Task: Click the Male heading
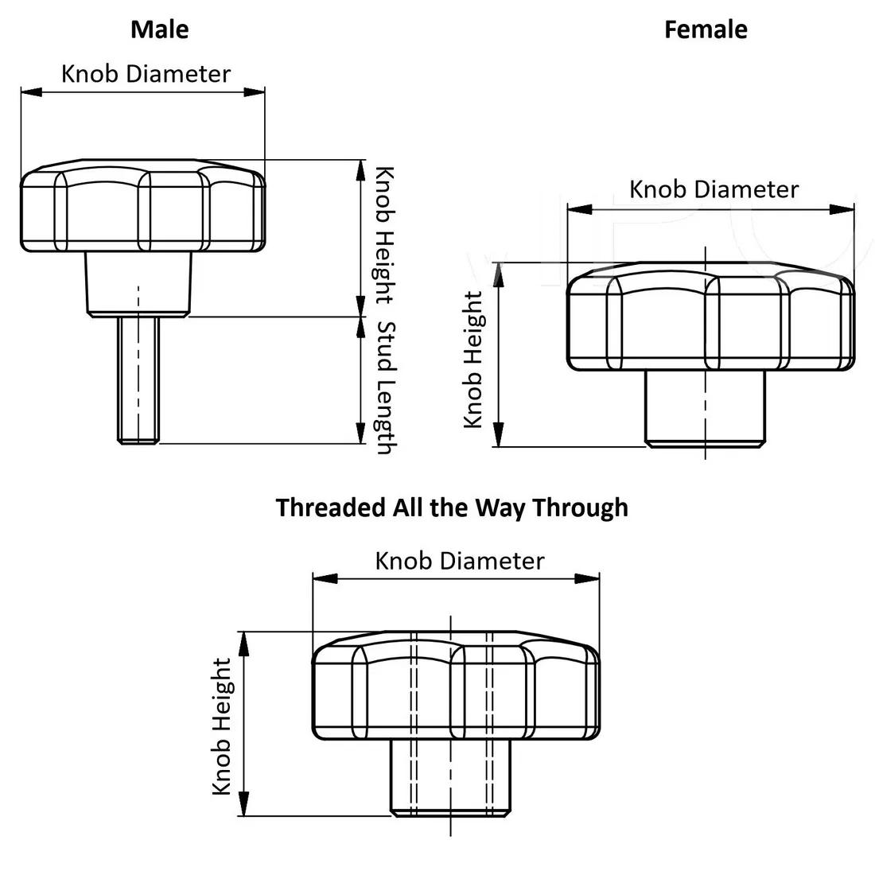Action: coord(160,29)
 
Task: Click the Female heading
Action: coord(706,29)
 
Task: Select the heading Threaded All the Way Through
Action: coord(452,507)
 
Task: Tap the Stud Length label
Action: coord(385,387)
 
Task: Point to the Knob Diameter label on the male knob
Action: coord(146,74)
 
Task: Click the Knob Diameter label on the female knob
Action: coord(714,189)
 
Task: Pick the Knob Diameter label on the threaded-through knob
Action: coord(460,561)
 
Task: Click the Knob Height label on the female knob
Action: coord(473,360)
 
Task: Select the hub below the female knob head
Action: coord(705,407)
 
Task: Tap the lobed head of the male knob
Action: coord(142,208)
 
